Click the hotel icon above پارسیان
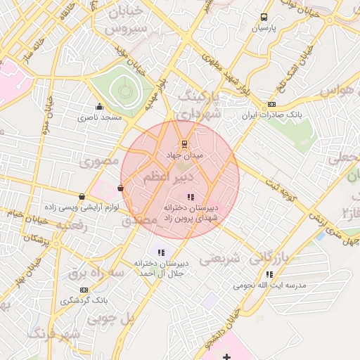(x=264, y=17)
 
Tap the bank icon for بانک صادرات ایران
(x=272, y=105)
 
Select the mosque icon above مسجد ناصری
(x=99, y=107)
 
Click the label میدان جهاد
(x=184, y=153)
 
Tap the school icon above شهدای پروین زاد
(x=191, y=197)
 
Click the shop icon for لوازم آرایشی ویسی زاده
(x=82, y=197)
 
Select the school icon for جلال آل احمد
(x=161, y=252)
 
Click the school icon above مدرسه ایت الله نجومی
(x=269, y=275)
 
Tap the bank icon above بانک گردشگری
(x=84, y=290)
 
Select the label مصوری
(x=99, y=161)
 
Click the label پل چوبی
(x=110, y=319)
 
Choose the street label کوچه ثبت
(x=281, y=189)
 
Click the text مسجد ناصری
(x=102, y=117)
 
